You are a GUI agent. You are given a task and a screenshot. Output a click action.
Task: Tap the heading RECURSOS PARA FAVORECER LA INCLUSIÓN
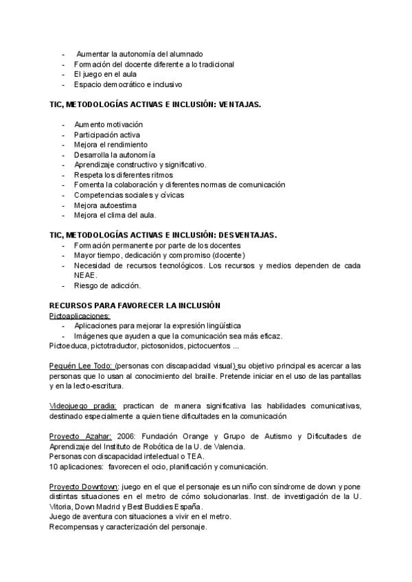[x=135, y=305]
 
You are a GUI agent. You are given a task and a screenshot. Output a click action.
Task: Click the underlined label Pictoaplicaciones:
[x=80, y=315]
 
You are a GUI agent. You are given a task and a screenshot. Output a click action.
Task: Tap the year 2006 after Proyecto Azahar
[x=125, y=436]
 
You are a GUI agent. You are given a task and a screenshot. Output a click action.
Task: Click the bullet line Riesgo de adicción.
[x=107, y=285]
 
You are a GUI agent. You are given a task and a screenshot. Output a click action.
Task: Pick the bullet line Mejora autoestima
[x=105, y=205]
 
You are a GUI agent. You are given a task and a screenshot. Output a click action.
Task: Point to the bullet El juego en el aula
[x=106, y=74]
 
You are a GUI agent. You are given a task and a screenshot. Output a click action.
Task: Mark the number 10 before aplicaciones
[x=54, y=467]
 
